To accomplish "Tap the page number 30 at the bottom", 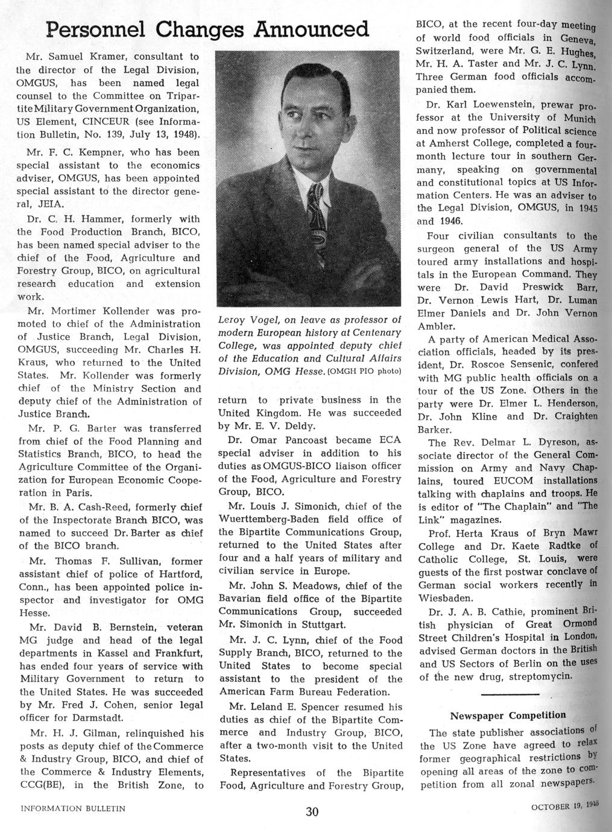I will tap(312, 812).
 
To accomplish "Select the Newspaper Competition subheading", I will tap(508, 715).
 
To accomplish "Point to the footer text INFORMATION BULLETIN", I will tap(73, 809).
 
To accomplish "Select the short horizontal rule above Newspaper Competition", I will tap(508, 695).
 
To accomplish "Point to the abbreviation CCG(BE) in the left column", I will tap(43, 785).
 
